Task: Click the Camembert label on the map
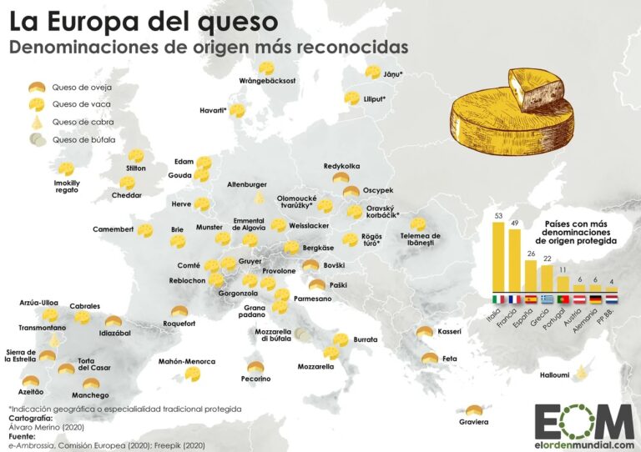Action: point(113,229)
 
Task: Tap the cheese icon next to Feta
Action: point(430,359)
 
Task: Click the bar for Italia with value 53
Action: point(500,258)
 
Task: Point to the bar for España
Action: point(530,277)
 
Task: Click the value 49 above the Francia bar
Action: point(515,223)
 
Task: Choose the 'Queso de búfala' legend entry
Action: point(83,140)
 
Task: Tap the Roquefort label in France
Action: point(179,322)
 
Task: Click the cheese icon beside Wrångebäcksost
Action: point(267,68)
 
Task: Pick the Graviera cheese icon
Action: point(474,411)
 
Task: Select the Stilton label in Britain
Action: point(136,168)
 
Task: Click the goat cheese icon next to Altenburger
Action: point(260,198)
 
